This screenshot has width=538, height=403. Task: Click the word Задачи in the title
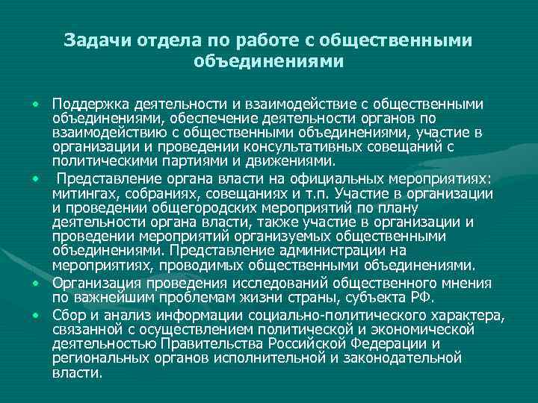[x=92, y=40]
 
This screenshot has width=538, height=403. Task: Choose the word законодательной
[x=408, y=358]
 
